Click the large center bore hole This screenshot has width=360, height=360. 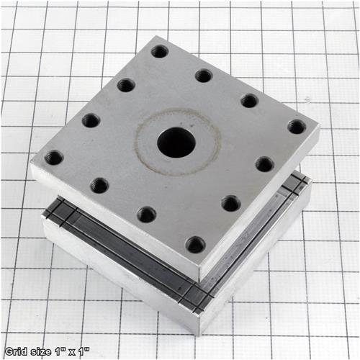pos(176,143)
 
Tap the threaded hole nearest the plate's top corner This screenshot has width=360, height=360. pos(160,52)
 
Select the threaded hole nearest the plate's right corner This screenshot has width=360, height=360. pos(297,127)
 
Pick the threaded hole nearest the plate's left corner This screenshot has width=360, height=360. pos(54,158)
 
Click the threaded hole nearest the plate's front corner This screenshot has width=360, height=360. pos(196,244)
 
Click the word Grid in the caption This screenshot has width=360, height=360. pos(16,351)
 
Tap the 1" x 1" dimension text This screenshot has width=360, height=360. pos(72,352)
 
